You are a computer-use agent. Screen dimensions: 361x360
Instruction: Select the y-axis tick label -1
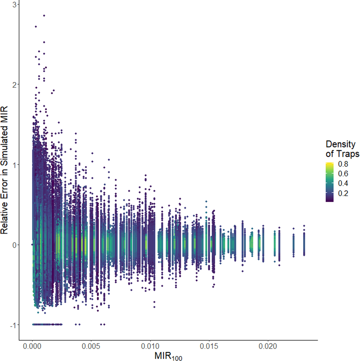(x=12, y=325)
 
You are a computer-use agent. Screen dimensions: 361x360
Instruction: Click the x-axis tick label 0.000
(x=32, y=347)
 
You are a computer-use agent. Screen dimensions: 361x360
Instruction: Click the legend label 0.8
(x=343, y=164)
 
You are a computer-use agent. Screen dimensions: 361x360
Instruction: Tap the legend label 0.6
(x=343, y=174)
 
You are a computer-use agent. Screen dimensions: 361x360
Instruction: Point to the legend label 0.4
(x=343, y=183)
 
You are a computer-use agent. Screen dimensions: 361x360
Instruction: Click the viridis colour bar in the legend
(x=329, y=182)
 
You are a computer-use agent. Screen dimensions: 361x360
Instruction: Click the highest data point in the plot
(x=44, y=15)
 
